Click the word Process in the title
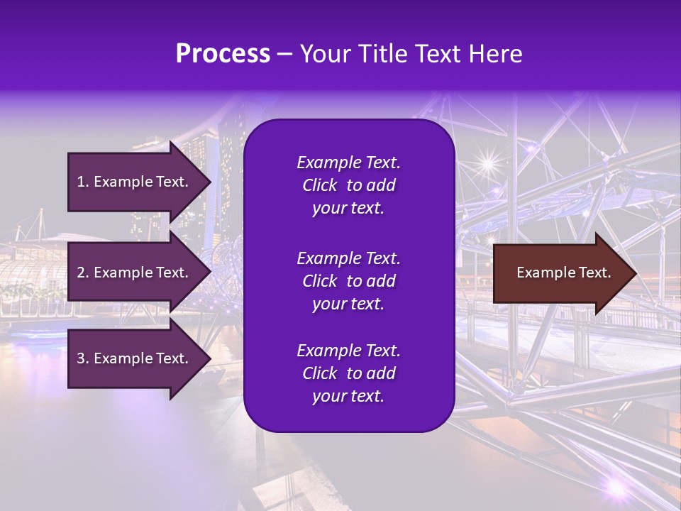[x=223, y=54]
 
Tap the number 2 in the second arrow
[x=81, y=273]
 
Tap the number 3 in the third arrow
[x=81, y=358]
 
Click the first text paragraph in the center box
[x=348, y=185]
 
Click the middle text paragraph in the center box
[x=348, y=280]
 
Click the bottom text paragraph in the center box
[x=348, y=373]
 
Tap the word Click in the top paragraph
[x=319, y=185]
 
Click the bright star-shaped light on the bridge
[x=487, y=164]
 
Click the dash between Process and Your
[x=284, y=55]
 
